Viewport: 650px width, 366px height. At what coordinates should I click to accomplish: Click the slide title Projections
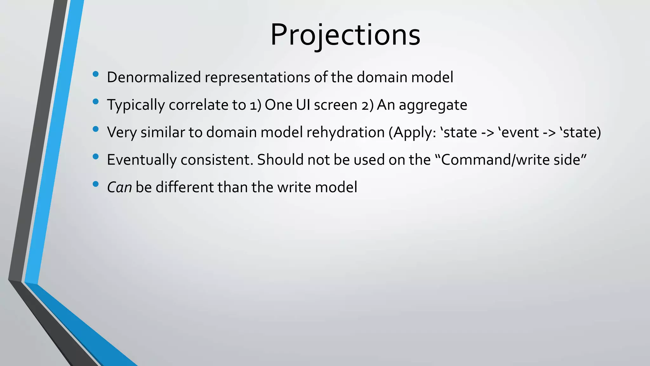345,35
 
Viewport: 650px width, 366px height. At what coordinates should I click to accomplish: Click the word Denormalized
154,77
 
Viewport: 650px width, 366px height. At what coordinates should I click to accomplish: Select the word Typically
136,105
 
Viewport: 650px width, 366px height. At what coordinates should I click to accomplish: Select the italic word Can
119,187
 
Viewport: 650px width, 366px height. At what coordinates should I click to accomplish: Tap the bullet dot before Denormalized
96,74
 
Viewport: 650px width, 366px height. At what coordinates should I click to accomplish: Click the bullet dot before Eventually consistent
96,157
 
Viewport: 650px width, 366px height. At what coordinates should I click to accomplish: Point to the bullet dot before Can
96,184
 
